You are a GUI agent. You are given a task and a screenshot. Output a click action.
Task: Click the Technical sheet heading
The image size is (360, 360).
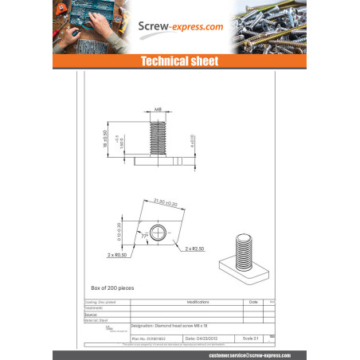point(179,61)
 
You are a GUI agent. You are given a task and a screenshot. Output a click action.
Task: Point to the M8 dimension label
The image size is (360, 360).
point(159,110)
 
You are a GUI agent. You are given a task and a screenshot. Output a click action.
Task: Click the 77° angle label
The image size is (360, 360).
point(146,237)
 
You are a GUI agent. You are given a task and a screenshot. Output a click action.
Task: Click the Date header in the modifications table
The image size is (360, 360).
point(253,303)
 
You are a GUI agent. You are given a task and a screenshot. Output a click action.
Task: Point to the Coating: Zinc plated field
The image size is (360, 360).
point(100,303)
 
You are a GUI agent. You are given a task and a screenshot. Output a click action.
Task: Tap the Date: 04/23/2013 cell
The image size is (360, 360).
point(202,338)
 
